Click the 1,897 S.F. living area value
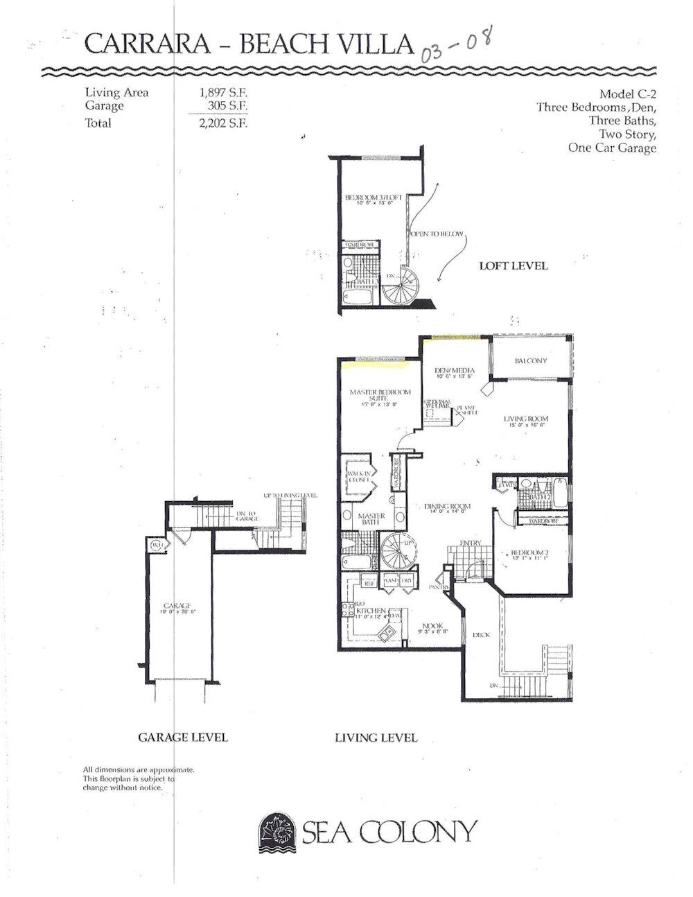point(223,93)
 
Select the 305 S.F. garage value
point(228,105)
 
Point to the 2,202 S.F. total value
point(223,123)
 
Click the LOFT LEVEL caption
point(514,265)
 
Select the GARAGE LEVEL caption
point(183,737)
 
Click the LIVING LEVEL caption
point(376,738)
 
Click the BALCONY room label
point(531,361)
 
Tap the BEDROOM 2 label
point(529,552)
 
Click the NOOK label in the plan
point(432,625)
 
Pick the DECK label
point(482,634)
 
